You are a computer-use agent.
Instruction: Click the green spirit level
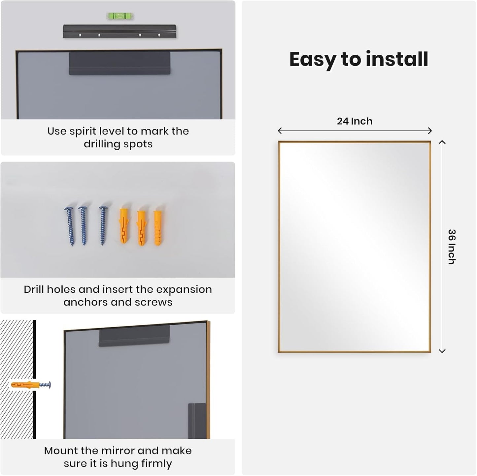coord(120,16)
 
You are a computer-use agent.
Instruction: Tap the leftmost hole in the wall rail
coord(80,35)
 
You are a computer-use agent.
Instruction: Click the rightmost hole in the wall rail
coord(159,35)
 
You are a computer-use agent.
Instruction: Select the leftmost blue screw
coord(70,226)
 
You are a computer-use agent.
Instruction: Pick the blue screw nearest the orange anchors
coord(103,226)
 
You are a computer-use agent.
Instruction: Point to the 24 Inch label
coord(355,121)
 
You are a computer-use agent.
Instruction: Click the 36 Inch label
coord(452,247)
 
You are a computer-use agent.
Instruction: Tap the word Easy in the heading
coord(313,60)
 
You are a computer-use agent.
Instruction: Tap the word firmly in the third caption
coord(156,463)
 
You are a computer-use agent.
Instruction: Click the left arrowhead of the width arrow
coord(279,131)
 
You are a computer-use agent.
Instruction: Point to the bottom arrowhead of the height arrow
coord(442,351)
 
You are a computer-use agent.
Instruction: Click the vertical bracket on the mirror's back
coord(197,421)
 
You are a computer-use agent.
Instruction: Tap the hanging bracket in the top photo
coord(119,63)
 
